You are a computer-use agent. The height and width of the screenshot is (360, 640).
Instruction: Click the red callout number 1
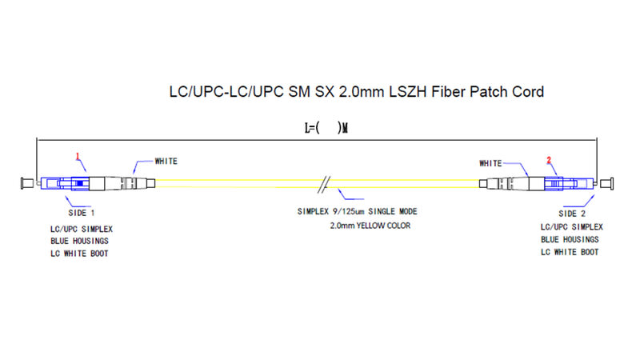click(78, 156)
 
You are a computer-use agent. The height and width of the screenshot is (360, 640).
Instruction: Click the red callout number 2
click(549, 160)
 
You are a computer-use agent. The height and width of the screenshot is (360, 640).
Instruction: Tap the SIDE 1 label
click(82, 213)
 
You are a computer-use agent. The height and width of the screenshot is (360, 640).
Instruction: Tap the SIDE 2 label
click(572, 214)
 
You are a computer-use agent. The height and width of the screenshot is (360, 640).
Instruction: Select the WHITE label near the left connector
click(166, 162)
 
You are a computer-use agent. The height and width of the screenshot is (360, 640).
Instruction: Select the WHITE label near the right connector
click(490, 163)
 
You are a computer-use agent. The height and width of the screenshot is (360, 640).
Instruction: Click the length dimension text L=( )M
click(326, 128)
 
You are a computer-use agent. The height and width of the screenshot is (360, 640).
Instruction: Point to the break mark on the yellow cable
click(324, 185)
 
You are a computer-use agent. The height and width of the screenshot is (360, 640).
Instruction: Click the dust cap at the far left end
click(27, 183)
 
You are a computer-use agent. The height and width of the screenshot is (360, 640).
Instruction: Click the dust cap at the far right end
click(606, 183)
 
